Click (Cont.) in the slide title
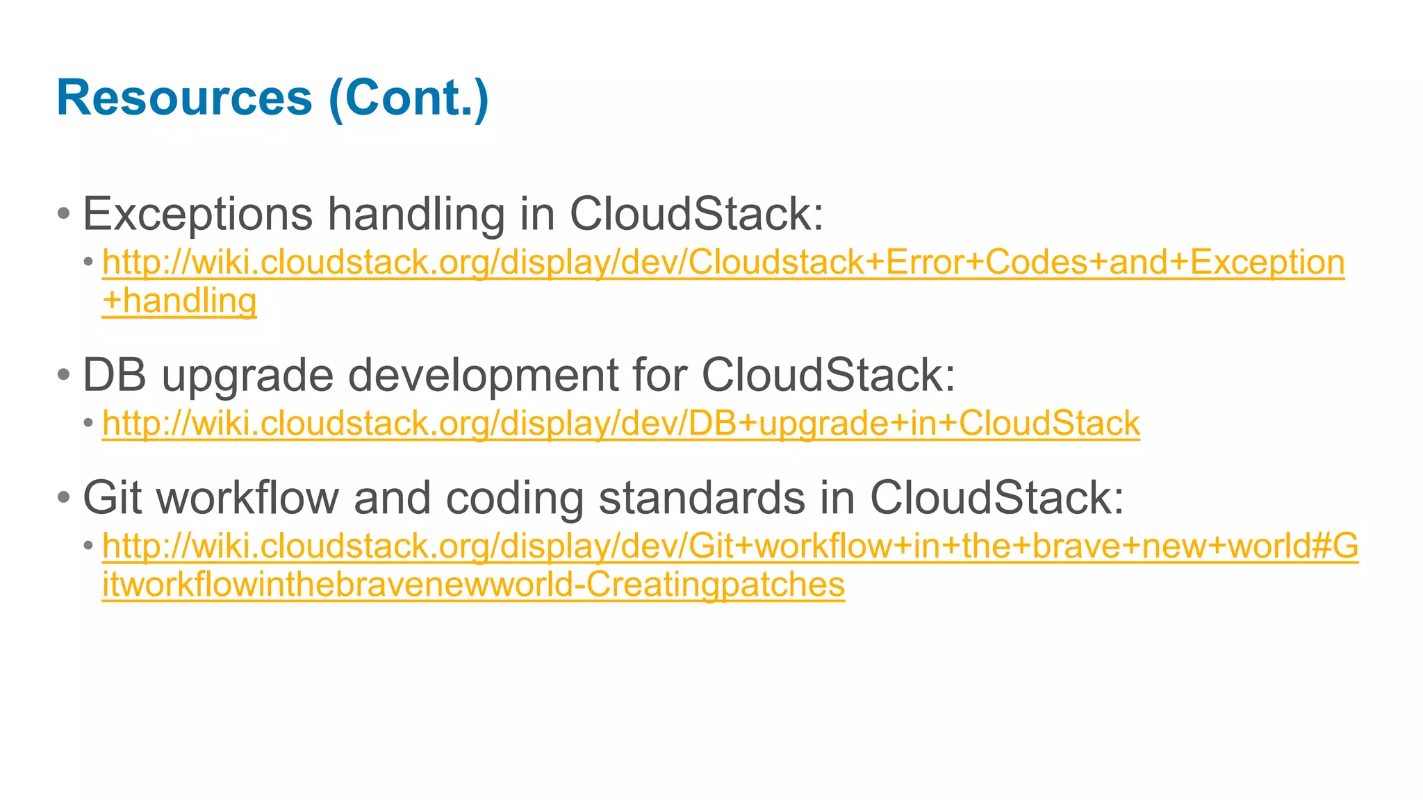(x=409, y=99)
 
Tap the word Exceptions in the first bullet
(x=197, y=214)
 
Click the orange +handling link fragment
(x=179, y=301)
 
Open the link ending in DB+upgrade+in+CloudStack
(x=621, y=424)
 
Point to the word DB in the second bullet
(x=115, y=375)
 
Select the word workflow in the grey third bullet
(x=247, y=497)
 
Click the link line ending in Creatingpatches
(x=473, y=585)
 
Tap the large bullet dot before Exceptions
(x=64, y=213)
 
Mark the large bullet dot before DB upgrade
(x=64, y=375)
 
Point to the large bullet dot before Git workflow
(x=64, y=497)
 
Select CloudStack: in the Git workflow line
(x=996, y=497)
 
